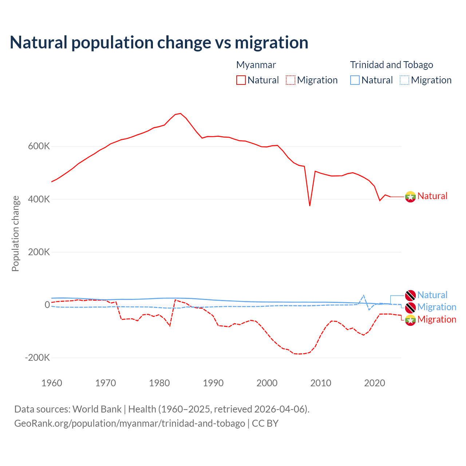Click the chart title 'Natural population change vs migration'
(159, 43)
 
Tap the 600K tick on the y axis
(39, 146)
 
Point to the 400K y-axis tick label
(39, 199)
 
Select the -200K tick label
(37, 358)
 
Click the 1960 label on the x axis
(52, 383)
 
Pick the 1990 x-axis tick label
(213, 383)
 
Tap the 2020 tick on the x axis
(375, 383)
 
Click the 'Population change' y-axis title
(15, 233)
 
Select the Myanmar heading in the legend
(256, 65)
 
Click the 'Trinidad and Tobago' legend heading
(391, 65)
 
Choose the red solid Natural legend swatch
(241, 80)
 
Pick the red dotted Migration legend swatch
(291, 80)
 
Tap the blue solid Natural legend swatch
(355, 80)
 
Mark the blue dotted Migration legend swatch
(404, 80)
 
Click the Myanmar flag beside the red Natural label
(410, 197)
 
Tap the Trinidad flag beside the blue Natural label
(410, 295)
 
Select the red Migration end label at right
(437, 319)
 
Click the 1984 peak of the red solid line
(181, 114)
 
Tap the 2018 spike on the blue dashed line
(363, 295)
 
